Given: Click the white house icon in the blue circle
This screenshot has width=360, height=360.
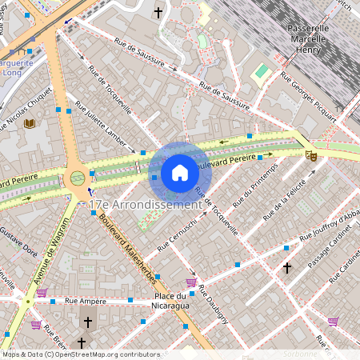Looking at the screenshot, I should [180, 173].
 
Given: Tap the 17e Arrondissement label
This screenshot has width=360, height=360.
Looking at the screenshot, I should [145, 205].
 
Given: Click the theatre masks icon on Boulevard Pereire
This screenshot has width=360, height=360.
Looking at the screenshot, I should [311, 154].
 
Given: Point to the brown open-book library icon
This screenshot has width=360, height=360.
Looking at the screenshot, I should [30, 123].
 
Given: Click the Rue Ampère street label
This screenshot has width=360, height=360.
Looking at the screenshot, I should [86, 302].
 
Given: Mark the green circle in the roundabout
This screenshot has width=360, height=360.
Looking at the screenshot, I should [78, 178].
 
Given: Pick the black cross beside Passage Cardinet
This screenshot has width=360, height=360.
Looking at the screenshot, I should [286, 267].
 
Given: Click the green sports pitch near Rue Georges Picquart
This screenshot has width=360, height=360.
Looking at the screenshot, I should [261, 72].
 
